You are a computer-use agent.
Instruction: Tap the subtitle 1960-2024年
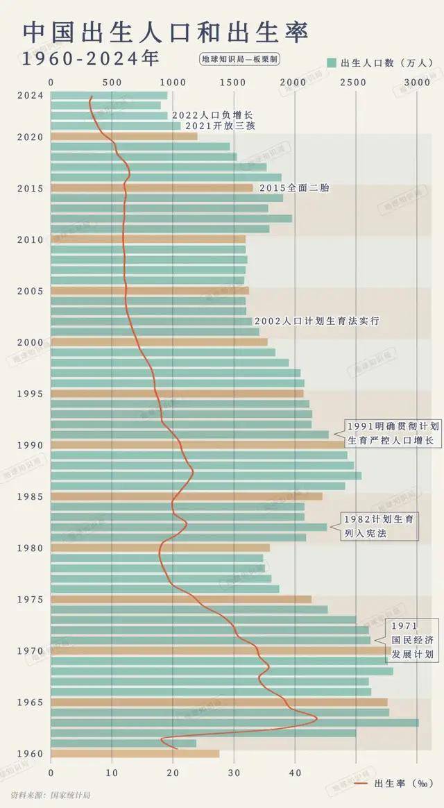coord(89,59)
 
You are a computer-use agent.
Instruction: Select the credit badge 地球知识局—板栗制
coord(239,59)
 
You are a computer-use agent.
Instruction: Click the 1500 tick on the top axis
coord(234,83)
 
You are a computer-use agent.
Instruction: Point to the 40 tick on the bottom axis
coord(295,771)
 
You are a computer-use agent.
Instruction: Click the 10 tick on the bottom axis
coord(112,771)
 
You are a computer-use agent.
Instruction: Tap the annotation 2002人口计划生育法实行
coord(316,321)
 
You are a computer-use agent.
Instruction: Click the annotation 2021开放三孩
coord(220,126)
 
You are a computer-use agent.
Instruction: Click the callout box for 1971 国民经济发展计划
coord(412,640)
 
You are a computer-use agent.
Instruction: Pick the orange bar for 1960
coord(135,754)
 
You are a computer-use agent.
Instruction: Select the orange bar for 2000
coord(159,342)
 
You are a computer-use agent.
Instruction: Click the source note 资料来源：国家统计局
coord(51,794)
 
